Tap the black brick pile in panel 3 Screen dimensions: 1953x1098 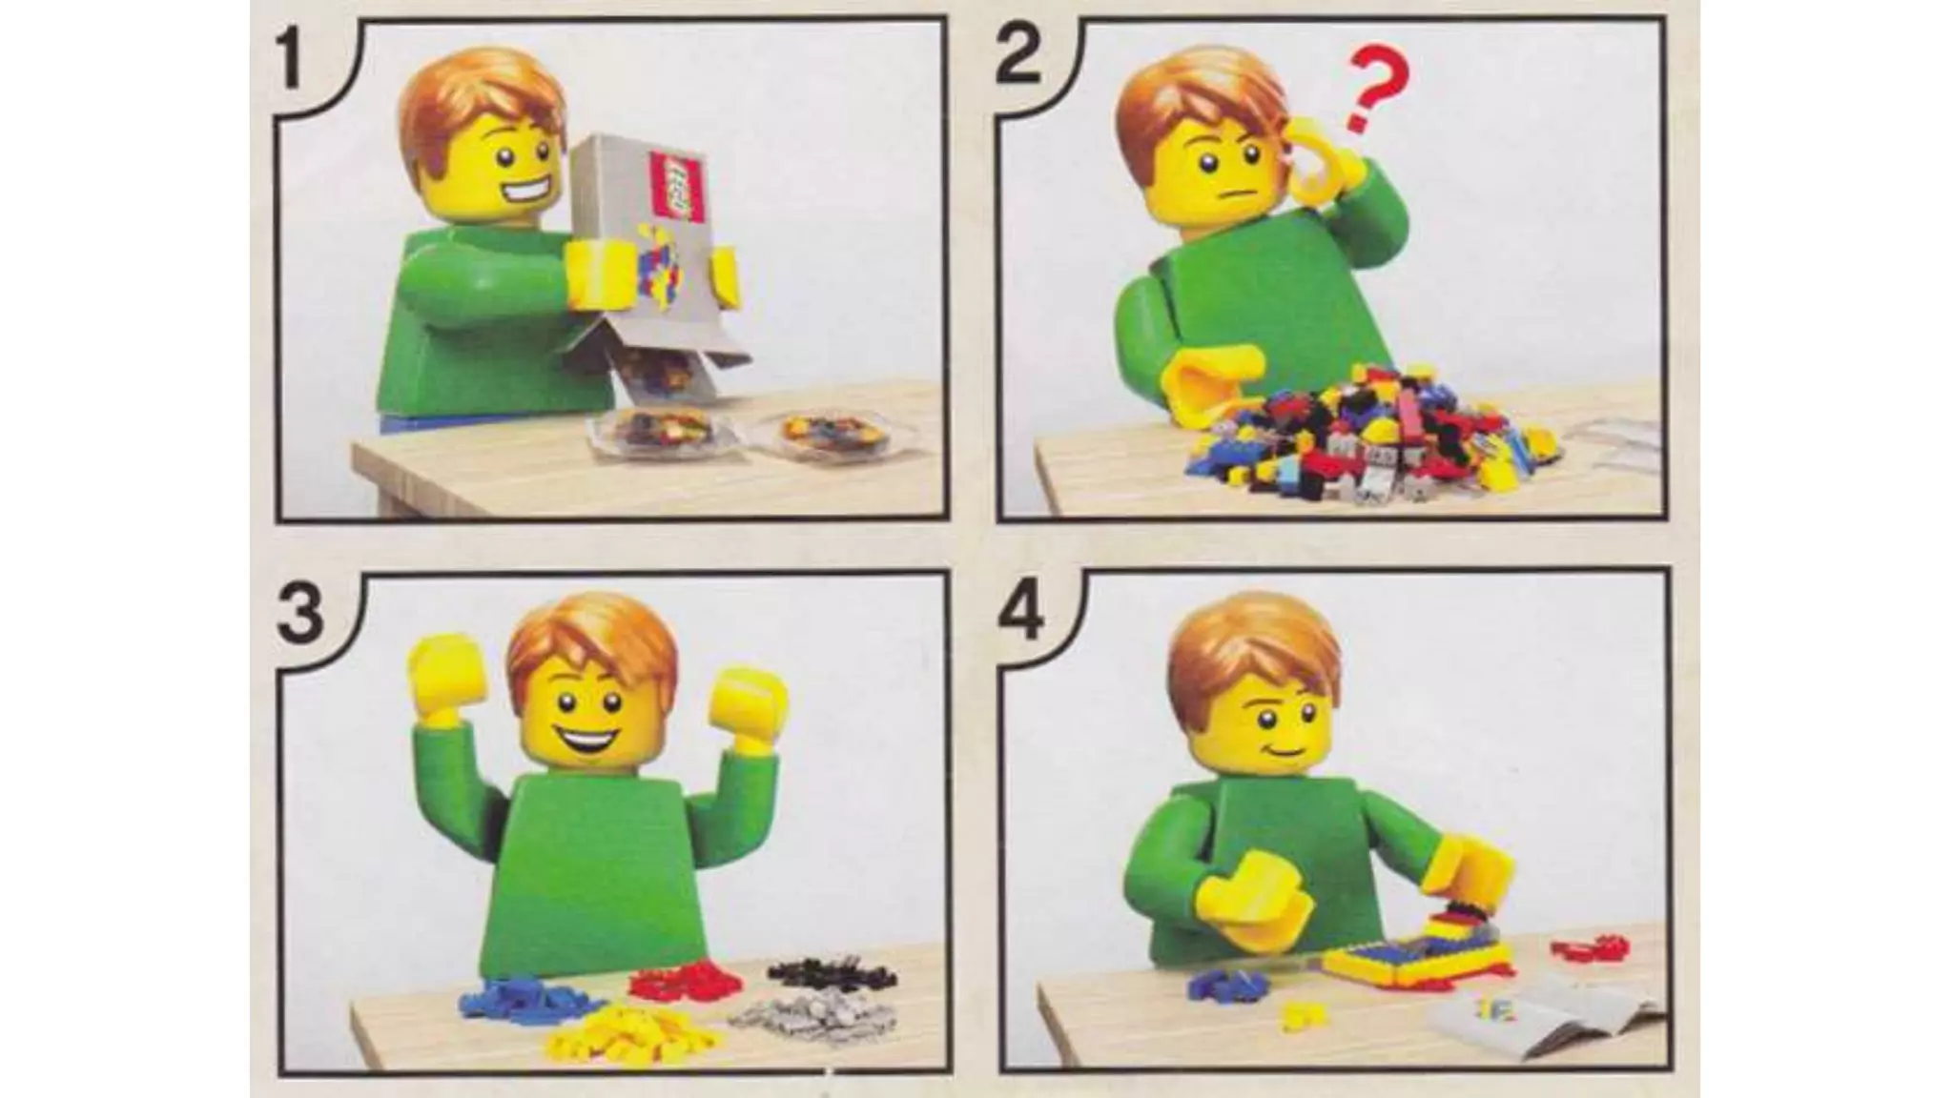pyautogui.click(x=833, y=973)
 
